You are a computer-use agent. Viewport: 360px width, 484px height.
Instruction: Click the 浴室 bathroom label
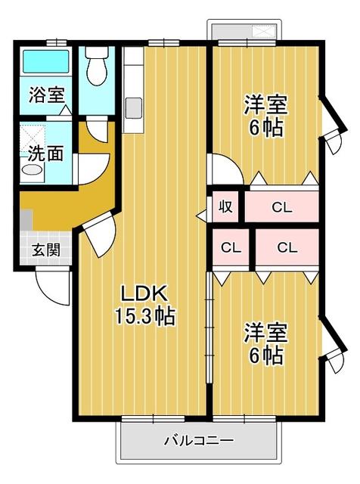click(47, 95)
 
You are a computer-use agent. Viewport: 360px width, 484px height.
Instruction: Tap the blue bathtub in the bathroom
click(45, 61)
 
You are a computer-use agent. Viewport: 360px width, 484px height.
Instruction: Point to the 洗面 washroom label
click(45, 154)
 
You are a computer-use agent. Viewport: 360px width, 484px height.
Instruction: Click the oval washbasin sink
click(32, 170)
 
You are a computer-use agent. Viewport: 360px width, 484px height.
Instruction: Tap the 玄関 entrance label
click(46, 250)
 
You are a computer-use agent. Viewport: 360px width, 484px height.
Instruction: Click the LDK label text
click(144, 293)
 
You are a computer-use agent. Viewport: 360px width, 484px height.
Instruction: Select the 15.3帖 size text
click(144, 316)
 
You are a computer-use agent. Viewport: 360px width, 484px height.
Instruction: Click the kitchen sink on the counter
click(133, 107)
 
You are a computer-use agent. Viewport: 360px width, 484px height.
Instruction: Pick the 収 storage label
click(225, 206)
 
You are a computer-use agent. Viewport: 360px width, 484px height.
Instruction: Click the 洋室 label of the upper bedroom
click(265, 105)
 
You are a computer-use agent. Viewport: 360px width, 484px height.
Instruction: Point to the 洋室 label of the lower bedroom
click(265, 332)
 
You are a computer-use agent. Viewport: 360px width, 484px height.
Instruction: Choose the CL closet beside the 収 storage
click(282, 207)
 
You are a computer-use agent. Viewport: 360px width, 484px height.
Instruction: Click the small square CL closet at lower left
click(231, 247)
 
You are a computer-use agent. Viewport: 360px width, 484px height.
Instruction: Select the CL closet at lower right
click(287, 247)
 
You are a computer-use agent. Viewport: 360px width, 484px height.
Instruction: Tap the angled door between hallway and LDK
click(98, 235)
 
